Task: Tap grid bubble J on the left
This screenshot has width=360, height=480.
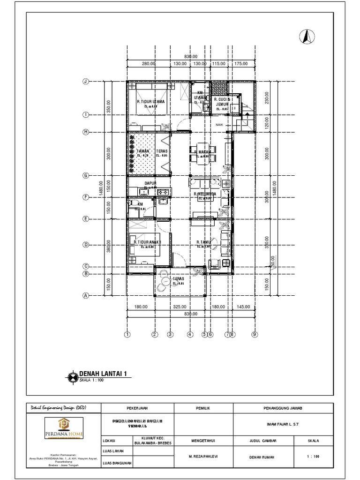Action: pyautogui.click(x=86, y=82)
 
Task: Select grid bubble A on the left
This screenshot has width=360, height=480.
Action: pyautogui.click(x=86, y=295)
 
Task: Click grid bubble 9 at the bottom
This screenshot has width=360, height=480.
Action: pyautogui.click(x=255, y=335)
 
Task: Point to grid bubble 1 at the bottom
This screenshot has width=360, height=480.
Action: pyautogui.click(x=127, y=335)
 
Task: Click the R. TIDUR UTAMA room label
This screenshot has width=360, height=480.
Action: pyautogui.click(x=150, y=101)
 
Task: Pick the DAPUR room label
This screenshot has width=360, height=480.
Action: pyautogui.click(x=150, y=183)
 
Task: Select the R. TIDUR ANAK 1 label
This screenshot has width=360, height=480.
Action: pyautogui.click(x=147, y=242)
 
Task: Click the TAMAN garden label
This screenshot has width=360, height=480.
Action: pyautogui.click(x=142, y=151)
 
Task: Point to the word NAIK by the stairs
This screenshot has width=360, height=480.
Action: pyautogui.click(x=219, y=125)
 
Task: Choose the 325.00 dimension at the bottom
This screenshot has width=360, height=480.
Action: pyautogui.click(x=180, y=307)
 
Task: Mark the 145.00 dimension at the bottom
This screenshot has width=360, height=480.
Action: pyautogui.click(x=244, y=307)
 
